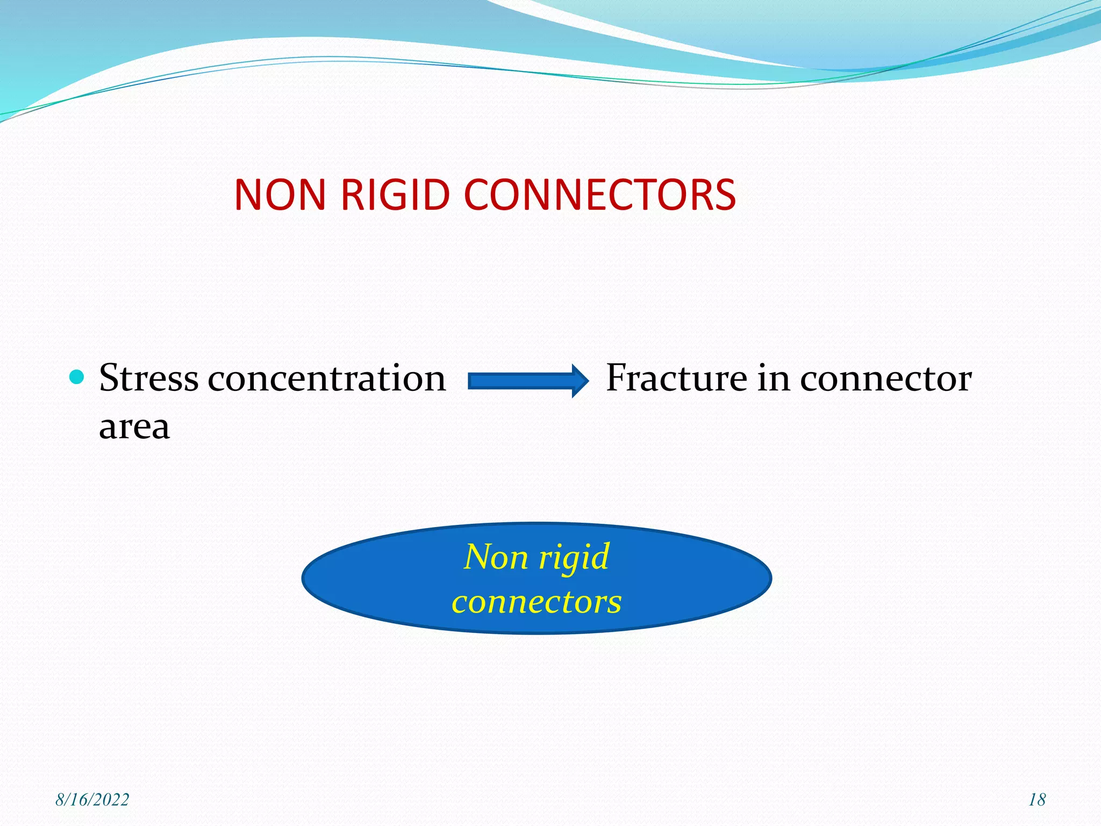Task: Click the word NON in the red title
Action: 280,195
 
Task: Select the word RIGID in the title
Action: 395,195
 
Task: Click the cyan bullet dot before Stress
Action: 77,376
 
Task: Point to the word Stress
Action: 149,378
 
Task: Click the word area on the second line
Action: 134,427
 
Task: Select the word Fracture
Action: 676,378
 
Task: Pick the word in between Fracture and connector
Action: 773,378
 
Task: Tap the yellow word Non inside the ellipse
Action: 496,557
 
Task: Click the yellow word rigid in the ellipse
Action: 574,558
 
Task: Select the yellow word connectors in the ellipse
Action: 537,602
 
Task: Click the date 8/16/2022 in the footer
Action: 92,800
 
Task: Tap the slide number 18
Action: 1037,800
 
